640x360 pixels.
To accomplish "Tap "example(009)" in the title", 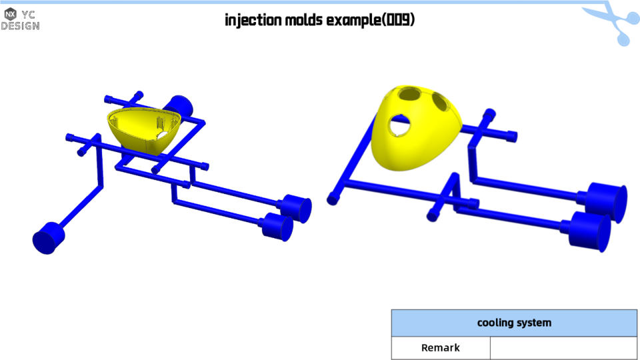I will coord(371,20).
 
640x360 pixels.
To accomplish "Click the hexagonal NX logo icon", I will coord(10,14).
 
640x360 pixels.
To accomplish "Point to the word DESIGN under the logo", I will coord(20,26).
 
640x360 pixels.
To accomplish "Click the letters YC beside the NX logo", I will coord(29,14).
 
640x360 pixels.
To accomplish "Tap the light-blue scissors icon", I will coord(612,23).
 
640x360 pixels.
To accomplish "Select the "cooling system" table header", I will coord(514,323).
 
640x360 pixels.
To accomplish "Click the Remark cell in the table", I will coord(441,348).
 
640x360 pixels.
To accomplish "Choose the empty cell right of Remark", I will coord(563,348).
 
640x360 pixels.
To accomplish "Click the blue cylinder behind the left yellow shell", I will coord(179,105).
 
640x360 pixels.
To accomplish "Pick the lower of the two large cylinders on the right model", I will coord(591,231).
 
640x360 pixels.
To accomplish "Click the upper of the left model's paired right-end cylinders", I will coord(297,209).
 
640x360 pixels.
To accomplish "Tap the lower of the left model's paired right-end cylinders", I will coord(277,227).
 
